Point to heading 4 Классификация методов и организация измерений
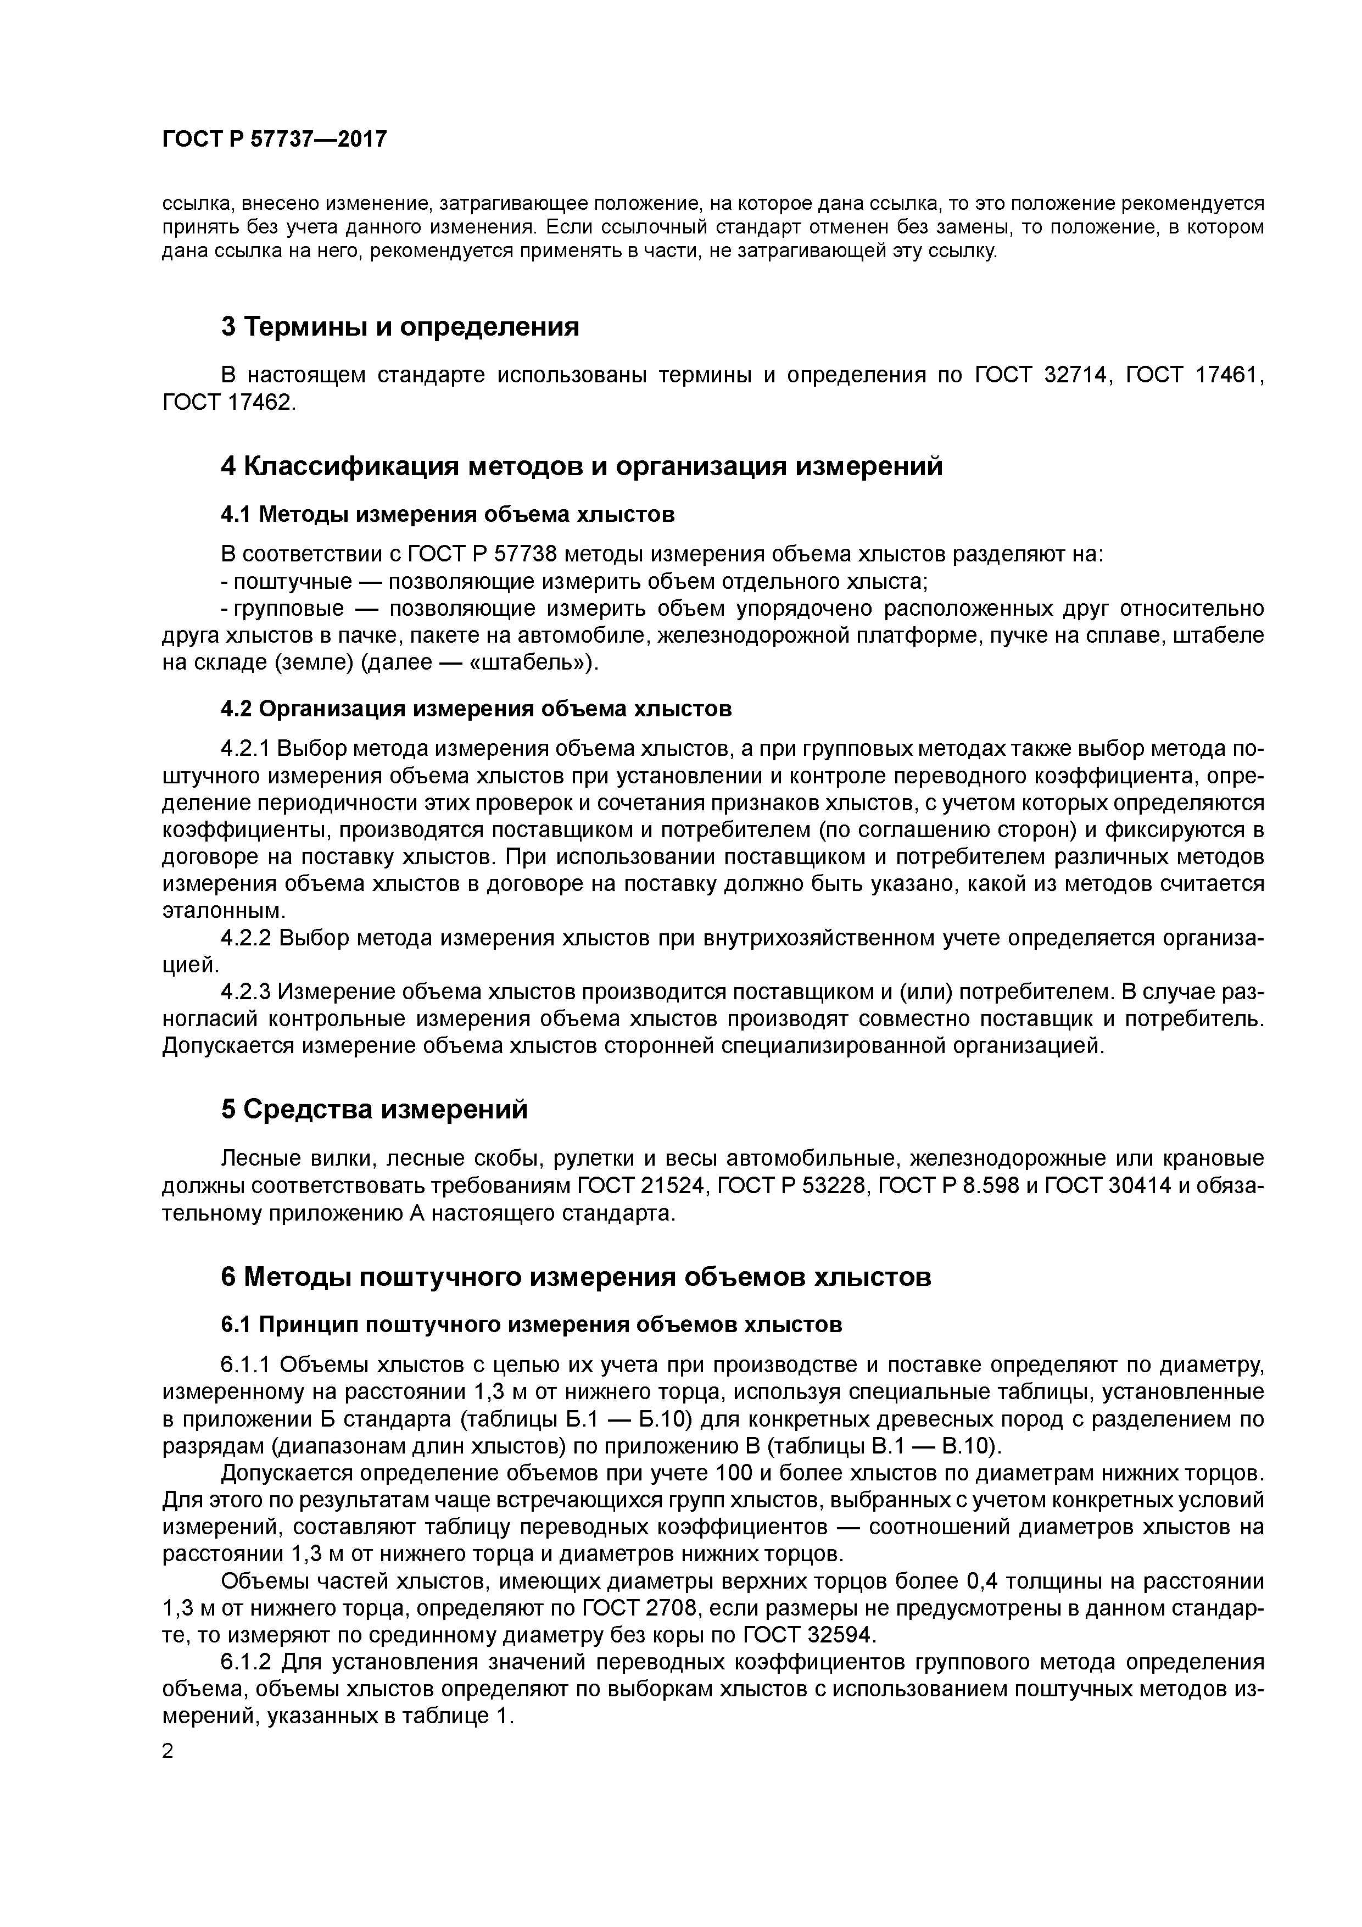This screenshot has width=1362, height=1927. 582,466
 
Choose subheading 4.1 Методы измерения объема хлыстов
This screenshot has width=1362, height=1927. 447,514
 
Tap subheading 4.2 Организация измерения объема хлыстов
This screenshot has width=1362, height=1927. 476,709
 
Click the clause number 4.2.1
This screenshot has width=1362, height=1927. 246,749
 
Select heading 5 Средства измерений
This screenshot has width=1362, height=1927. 375,1110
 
